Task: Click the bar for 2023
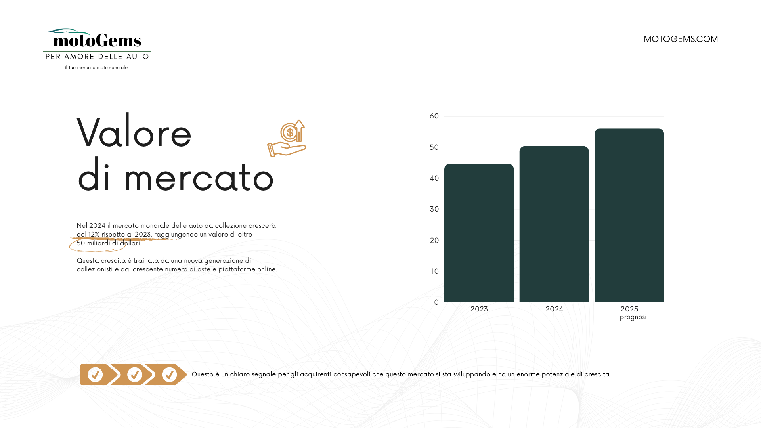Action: [479, 233]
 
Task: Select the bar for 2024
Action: [554, 224]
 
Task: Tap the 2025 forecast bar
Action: [629, 215]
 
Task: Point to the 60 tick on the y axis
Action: [434, 116]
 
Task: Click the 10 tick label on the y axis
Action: [435, 271]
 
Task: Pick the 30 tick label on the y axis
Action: [434, 209]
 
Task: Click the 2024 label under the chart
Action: [554, 309]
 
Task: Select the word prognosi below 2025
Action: [633, 317]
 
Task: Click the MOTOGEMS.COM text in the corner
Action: [681, 39]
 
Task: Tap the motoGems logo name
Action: [97, 40]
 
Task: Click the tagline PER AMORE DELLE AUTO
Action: [97, 57]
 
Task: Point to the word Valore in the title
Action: [134, 132]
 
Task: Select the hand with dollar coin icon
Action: [287, 138]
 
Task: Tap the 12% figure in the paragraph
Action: [94, 235]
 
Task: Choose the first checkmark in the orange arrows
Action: [95, 374]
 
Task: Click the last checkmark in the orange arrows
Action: [169, 374]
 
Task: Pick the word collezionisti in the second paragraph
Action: [95, 269]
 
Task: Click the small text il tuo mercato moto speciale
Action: [96, 68]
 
